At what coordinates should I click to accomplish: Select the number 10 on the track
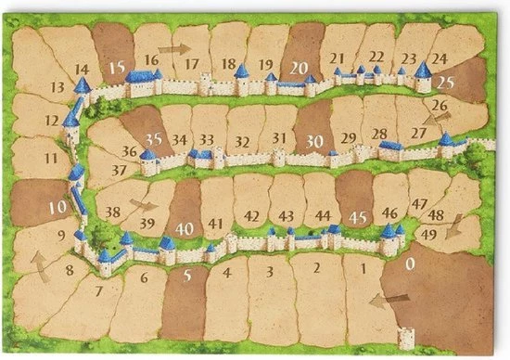tap(58, 207)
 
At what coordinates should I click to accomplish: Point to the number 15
tap(116, 67)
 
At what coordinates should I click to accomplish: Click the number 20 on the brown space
tap(299, 67)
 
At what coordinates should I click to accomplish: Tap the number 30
tap(314, 140)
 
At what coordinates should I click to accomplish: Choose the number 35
tap(155, 138)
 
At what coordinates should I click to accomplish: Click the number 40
tap(185, 227)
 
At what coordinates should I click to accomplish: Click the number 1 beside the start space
tap(363, 268)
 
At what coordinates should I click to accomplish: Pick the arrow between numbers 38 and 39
tap(143, 203)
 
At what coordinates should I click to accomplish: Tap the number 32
tap(242, 142)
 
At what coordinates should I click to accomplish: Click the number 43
tap(287, 216)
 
